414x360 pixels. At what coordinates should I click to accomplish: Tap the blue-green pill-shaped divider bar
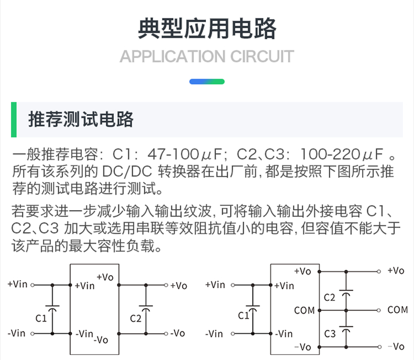[x=207, y=82]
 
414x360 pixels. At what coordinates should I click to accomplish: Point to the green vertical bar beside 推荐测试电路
[x=14, y=119]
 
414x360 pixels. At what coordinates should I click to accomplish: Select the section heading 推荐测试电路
[x=81, y=119]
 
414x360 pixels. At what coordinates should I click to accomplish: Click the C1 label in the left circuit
[x=41, y=318]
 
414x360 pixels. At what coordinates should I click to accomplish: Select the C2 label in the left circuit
[x=135, y=318]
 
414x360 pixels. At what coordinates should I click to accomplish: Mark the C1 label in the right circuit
[x=244, y=315]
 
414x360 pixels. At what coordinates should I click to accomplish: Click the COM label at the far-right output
[x=397, y=310]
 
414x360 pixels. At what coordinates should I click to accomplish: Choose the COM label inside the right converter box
[x=304, y=310]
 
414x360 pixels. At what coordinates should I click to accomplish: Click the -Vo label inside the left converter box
[x=101, y=340]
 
